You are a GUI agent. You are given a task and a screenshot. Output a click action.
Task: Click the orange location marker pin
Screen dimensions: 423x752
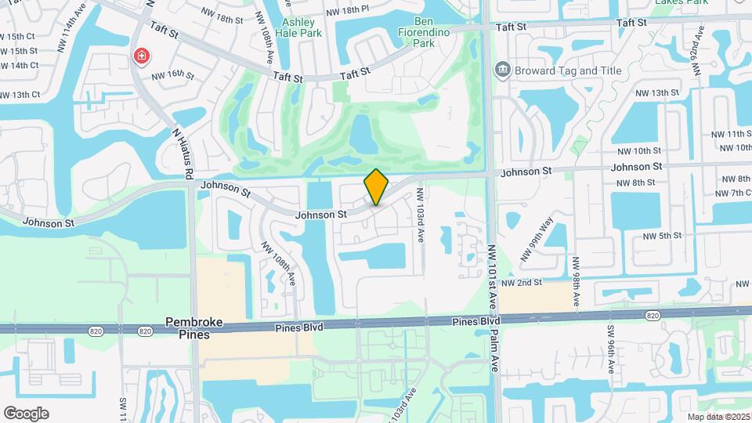click(x=377, y=187)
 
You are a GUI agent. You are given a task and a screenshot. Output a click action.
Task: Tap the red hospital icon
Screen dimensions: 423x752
click(x=142, y=56)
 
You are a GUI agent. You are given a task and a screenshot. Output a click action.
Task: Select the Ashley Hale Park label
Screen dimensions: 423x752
click(x=302, y=27)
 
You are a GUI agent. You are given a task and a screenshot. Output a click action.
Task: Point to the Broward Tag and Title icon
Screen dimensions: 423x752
click(x=502, y=70)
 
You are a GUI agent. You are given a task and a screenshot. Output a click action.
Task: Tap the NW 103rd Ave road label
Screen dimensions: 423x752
click(x=421, y=214)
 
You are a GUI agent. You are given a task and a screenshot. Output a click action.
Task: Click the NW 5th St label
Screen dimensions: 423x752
click(x=662, y=235)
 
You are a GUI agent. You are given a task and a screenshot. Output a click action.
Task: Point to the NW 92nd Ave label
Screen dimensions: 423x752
click(x=696, y=49)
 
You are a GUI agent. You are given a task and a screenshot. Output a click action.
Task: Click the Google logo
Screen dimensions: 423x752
click(x=26, y=414)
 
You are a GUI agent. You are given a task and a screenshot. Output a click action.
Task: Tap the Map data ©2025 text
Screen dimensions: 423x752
click(x=718, y=417)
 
